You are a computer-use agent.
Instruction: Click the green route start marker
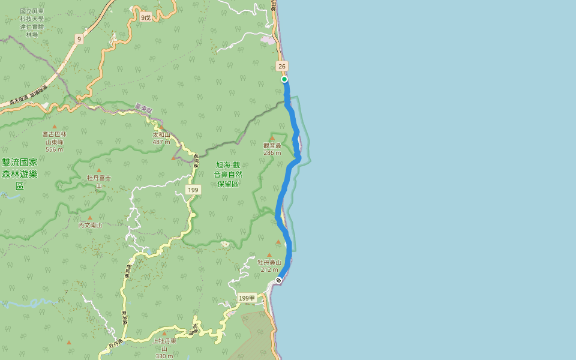click(284, 79)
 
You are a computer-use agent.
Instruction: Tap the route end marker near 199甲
click(278, 280)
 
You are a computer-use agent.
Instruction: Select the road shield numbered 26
click(282, 66)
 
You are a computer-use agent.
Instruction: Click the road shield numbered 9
click(79, 39)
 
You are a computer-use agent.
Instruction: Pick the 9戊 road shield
click(146, 17)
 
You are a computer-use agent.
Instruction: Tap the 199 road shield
click(193, 190)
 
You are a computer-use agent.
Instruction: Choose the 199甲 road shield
click(247, 298)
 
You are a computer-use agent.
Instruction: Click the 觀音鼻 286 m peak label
click(272, 149)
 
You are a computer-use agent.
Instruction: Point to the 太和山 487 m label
click(161, 139)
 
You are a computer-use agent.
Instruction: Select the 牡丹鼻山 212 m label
click(269, 266)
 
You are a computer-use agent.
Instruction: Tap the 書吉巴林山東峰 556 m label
click(54, 142)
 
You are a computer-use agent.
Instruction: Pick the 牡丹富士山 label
click(99, 181)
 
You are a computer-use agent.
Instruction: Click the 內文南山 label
click(90, 225)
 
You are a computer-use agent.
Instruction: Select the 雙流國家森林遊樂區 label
click(20, 174)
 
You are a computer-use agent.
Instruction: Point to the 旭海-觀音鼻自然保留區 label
click(228, 174)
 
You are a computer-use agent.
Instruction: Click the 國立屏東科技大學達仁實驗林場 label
click(31, 23)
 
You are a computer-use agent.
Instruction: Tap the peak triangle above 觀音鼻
click(272, 138)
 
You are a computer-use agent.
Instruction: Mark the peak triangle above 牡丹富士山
click(99, 170)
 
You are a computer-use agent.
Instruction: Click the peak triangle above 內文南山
click(90, 218)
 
